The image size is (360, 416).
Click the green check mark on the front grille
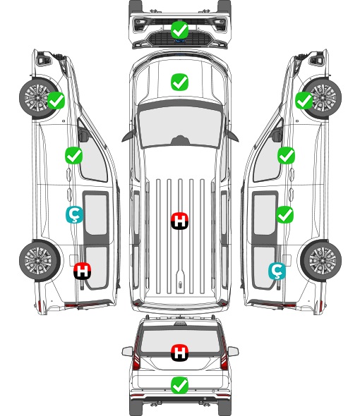[179, 30]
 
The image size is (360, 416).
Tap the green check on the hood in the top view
[179, 82]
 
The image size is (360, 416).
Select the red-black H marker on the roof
[179, 221]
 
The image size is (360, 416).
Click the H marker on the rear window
[179, 353]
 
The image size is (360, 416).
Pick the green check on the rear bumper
[179, 385]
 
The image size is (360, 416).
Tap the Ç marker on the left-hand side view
[74, 215]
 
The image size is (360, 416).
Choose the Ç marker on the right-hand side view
[277, 271]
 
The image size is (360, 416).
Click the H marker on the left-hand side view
[82, 271]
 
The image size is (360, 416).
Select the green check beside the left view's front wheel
[56, 100]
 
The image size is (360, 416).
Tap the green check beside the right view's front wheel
[304, 101]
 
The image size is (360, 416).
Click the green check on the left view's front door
[74, 155]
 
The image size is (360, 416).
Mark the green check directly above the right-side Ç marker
[284, 214]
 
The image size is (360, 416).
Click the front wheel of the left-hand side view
[37, 97]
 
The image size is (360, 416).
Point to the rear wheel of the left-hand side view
[39, 260]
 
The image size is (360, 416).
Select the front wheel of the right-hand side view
[323, 97]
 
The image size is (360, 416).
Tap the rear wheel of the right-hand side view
[321, 260]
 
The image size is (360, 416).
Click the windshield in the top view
[179, 126]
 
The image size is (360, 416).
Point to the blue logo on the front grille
[179, 41]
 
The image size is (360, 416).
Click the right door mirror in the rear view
[233, 351]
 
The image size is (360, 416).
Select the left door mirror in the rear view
[127, 351]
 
